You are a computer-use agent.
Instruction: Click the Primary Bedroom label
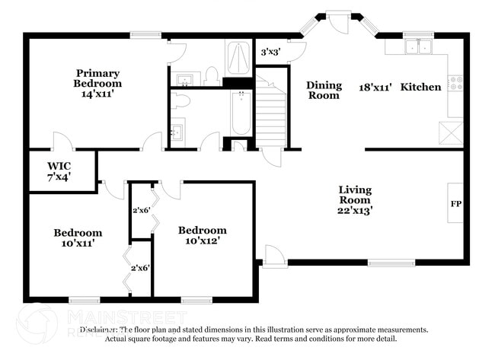97,78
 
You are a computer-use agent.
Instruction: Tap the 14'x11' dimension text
97,94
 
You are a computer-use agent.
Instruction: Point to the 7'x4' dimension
59,177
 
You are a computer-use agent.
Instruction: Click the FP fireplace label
456,204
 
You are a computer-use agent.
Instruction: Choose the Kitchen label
420,87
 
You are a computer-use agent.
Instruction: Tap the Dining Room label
324,90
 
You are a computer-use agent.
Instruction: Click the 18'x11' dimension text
375,87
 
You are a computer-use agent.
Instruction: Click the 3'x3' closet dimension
270,53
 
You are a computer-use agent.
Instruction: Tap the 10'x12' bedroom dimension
202,241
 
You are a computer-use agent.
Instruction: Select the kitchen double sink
417,46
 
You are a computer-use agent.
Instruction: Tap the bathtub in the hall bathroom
241,112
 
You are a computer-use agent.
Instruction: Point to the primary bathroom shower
238,58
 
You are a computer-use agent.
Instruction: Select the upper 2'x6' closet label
141,210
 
